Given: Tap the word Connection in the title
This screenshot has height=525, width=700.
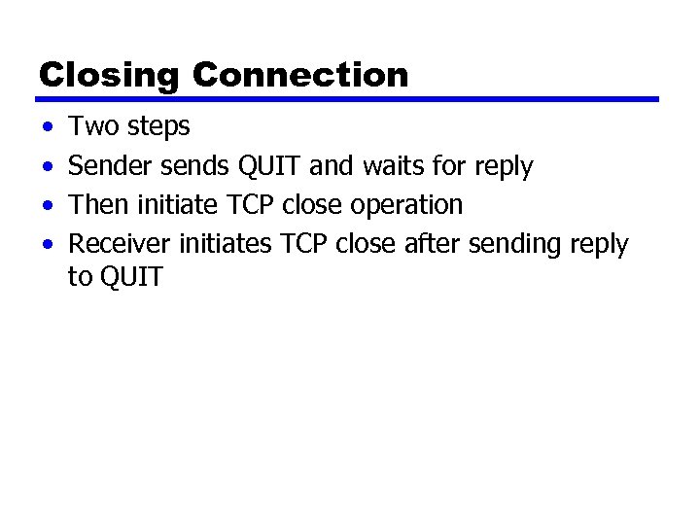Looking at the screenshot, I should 300,75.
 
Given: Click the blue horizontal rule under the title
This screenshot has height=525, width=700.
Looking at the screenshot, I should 348,99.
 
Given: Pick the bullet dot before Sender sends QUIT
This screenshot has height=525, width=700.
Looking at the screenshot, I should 47,167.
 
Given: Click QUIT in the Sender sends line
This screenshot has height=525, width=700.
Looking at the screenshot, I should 270,166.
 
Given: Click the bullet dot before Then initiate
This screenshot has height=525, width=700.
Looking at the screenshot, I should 47,206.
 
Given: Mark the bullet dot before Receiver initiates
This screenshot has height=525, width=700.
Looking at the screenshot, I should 47,245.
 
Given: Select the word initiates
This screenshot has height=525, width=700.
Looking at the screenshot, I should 226,244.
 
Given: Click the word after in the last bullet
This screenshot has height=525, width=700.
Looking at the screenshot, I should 431,244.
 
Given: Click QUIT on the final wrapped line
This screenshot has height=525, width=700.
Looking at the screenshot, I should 129,277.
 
